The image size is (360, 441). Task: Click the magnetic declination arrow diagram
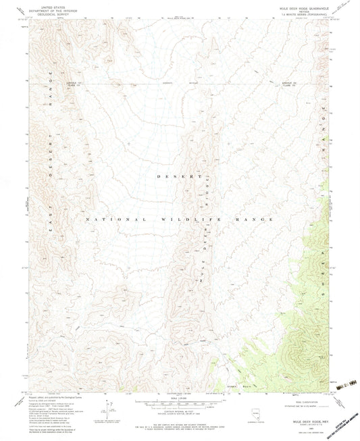click(x=105, y=408)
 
